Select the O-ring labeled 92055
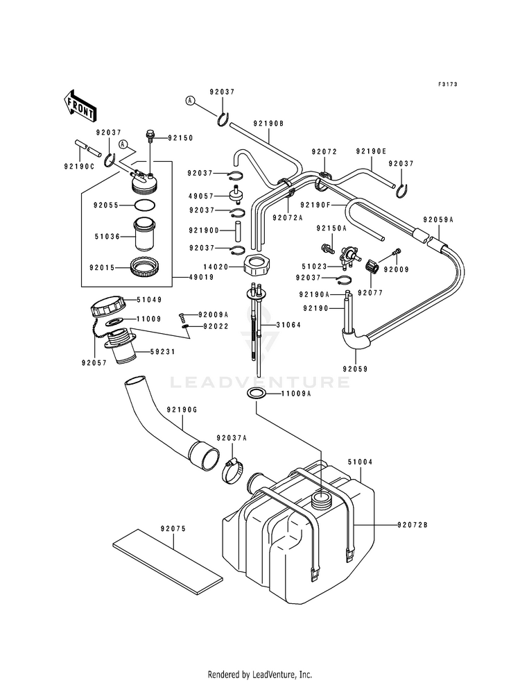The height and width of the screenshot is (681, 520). point(144,205)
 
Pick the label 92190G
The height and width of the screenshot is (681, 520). point(181,410)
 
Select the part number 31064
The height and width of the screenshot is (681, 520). point(288,325)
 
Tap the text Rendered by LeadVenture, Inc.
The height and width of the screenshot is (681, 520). point(260,674)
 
